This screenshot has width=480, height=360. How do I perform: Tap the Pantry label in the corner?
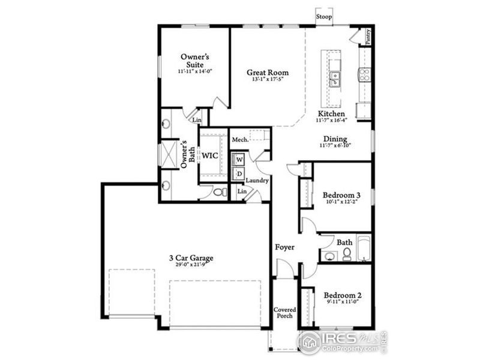coord(368,37)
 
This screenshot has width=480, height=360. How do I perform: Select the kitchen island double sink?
coord(335,78)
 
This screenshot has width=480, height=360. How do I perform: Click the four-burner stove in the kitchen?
coord(364,74)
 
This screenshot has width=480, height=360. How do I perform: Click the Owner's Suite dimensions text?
coord(195,71)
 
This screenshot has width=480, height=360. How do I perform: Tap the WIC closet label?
coord(209,155)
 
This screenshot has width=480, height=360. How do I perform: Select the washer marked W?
coord(239,160)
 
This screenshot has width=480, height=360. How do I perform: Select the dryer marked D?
coord(239,174)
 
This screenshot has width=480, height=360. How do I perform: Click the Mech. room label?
coord(241,139)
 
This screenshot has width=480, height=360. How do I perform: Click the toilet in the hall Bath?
coord(346,256)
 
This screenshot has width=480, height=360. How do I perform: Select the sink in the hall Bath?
coord(328,256)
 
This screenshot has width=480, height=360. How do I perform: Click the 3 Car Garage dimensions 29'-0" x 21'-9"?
coord(191,265)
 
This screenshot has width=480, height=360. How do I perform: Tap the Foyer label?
coord(284,247)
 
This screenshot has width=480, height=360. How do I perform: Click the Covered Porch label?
coord(284,314)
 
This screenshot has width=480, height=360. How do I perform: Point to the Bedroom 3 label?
coord(341,195)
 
